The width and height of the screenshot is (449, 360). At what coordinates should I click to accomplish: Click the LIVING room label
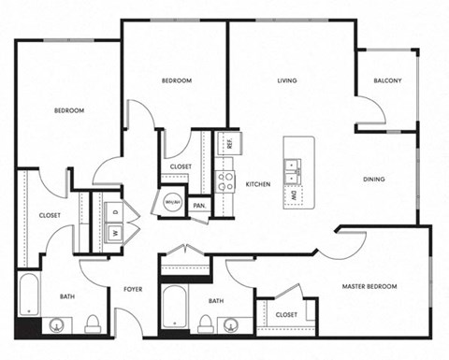click(x=286, y=81)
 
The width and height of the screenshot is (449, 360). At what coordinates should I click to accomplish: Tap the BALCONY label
click(x=386, y=81)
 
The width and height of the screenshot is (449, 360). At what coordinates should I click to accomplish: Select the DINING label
click(x=375, y=180)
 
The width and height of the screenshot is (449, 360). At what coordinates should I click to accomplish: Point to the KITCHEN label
click(x=258, y=184)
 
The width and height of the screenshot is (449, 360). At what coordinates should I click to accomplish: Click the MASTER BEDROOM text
click(x=369, y=286)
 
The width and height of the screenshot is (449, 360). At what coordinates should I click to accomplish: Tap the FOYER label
click(x=133, y=290)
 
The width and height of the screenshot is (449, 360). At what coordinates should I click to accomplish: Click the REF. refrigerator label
click(x=227, y=144)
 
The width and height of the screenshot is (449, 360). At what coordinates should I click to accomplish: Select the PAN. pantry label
click(x=199, y=206)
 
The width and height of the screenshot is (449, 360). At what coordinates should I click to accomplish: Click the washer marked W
click(x=115, y=233)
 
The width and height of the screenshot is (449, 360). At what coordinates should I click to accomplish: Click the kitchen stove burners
click(x=225, y=180)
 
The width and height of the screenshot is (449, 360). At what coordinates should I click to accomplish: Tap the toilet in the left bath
click(x=93, y=324)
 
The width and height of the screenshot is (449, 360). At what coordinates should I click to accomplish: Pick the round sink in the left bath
click(x=58, y=325)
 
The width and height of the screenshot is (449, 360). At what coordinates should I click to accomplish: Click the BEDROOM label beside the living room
click(x=177, y=81)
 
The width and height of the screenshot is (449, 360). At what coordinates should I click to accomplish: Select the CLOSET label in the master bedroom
click(x=286, y=314)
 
